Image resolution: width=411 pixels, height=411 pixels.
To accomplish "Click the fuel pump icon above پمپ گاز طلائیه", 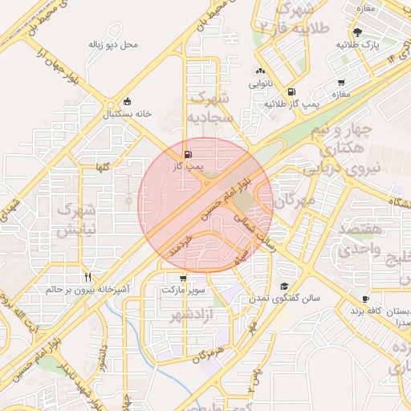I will [291, 92].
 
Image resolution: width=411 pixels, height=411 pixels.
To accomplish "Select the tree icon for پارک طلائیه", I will [356, 32].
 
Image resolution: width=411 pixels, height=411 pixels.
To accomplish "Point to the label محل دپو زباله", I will [112, 43].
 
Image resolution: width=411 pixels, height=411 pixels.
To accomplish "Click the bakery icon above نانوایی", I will [260, 71].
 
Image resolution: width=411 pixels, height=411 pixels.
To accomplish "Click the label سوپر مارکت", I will [184, 288].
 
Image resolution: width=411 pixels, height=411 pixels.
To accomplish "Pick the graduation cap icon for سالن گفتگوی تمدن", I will [284, 287].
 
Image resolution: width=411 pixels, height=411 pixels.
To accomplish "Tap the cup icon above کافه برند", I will [366, 298].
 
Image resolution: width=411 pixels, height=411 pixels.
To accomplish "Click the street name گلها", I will [102, 167].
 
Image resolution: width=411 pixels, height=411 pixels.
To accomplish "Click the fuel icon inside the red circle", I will [188, 154].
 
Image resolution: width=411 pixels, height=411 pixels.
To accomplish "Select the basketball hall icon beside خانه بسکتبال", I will [128, 101].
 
